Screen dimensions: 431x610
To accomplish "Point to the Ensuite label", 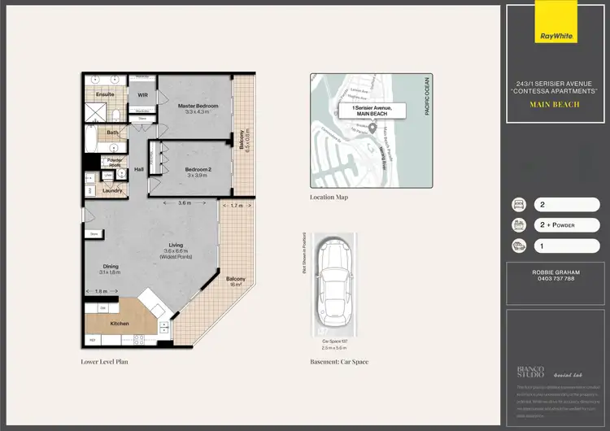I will tap(106, 94).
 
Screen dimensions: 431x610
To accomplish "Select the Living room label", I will tap(175, 246).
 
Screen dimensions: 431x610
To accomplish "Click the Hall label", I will tap(138, 169).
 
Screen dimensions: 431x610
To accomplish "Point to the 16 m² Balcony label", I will tap(236, 279).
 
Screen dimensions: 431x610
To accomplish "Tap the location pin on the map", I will tap(373, 128).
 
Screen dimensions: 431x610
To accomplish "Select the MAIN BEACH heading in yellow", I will tap(555, 105).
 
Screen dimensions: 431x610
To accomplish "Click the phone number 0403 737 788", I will tap(556, 279).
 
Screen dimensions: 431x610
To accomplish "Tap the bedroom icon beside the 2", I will tap(517, 205).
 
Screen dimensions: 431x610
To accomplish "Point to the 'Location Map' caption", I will tap(329, 197).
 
